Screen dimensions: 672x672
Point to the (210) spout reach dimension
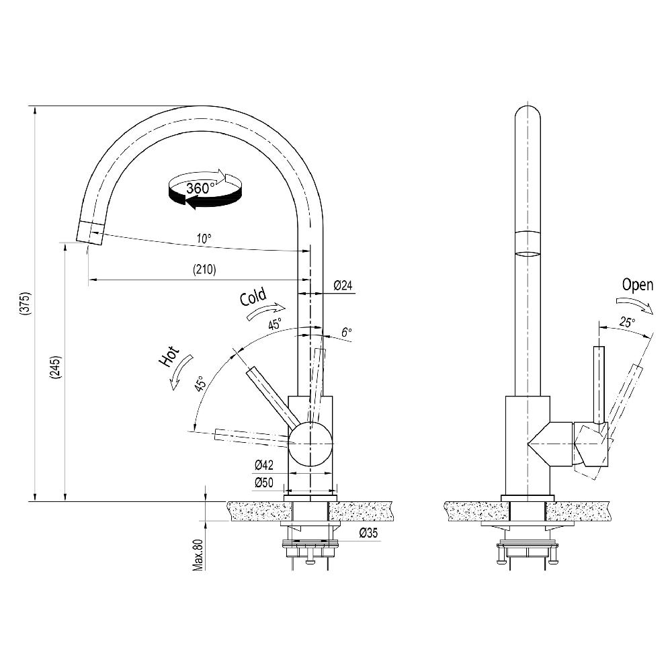tap(204, 270)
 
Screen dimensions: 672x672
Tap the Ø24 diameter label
tap(343, 286)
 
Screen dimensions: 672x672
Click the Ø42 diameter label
tap(263, 465)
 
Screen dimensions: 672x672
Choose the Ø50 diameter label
tap(263, 482)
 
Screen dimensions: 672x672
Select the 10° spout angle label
tap(204, 238)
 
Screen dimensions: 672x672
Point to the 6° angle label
tap(346, 332)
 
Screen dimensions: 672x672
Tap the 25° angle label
tap(626, 323)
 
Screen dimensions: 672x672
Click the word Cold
tap(253, 297)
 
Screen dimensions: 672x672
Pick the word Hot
tap(169, 356)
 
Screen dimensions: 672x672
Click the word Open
tap(637, 284)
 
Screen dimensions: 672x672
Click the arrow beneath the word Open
tap(636, 305)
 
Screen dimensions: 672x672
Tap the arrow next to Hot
tap(181, 372)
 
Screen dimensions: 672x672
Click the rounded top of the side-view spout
tap(528, 114)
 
